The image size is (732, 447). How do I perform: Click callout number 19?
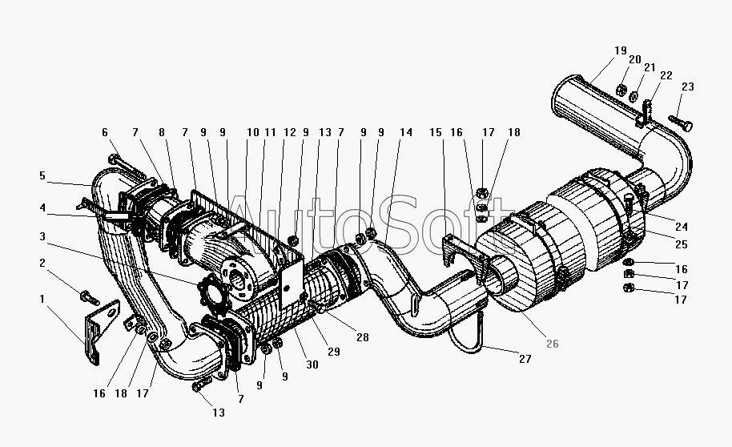(620, 50)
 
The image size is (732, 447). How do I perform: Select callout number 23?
(688, 87)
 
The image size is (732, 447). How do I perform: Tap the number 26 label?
(553, 344)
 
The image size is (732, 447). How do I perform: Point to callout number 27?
(525, 359)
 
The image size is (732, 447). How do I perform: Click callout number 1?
(42, 299)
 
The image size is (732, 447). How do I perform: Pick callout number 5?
(42, 175)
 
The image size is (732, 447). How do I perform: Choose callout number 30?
(312, 364)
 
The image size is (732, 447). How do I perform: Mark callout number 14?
(406, 132)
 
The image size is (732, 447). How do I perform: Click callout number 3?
(42, 236)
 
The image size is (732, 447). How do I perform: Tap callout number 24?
(682, 227)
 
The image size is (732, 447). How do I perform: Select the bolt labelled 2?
(90, 296)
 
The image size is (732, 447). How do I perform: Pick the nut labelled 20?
(621, 90)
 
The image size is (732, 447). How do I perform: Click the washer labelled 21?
(633, 96)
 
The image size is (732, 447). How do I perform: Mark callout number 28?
(363, 337)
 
